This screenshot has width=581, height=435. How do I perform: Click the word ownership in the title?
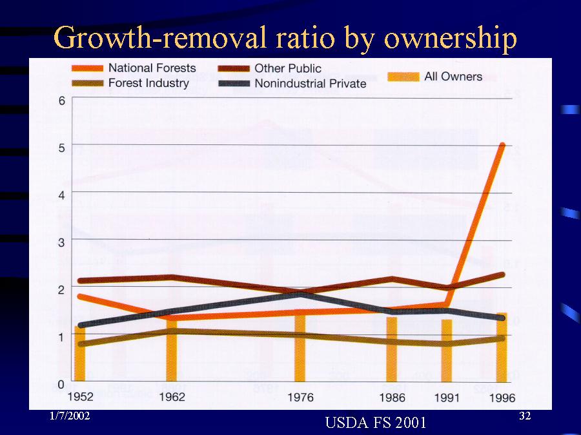click(450, 39)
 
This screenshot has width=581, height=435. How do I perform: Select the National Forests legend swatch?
click(87, 68)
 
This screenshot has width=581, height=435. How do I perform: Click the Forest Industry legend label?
click(148, 83)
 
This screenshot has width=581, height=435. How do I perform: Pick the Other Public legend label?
click(287, 68)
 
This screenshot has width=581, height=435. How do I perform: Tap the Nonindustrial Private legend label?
click(311, 83)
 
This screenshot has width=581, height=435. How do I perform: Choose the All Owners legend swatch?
click(403, 77)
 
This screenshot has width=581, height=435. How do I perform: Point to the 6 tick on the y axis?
click(61, 101)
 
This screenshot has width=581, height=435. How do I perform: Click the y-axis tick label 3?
click(61, 242)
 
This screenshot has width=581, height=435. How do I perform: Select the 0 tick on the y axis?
click(61, 384)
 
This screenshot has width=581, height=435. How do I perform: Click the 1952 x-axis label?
click(81, 397)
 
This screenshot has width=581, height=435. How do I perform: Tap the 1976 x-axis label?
click(300, 398)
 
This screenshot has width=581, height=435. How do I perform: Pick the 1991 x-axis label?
click(447, 398)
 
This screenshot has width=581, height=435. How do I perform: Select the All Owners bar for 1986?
click(392, 349)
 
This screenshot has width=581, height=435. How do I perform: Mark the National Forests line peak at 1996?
click(502, 144)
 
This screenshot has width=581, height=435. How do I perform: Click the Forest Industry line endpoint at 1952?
click(81, 344)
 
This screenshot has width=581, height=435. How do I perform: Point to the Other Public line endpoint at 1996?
click(502, 275)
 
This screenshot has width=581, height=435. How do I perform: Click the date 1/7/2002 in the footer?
click(70, 416)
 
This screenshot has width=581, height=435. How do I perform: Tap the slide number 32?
click(525, 416)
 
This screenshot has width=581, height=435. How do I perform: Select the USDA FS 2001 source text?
click(376, 422)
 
